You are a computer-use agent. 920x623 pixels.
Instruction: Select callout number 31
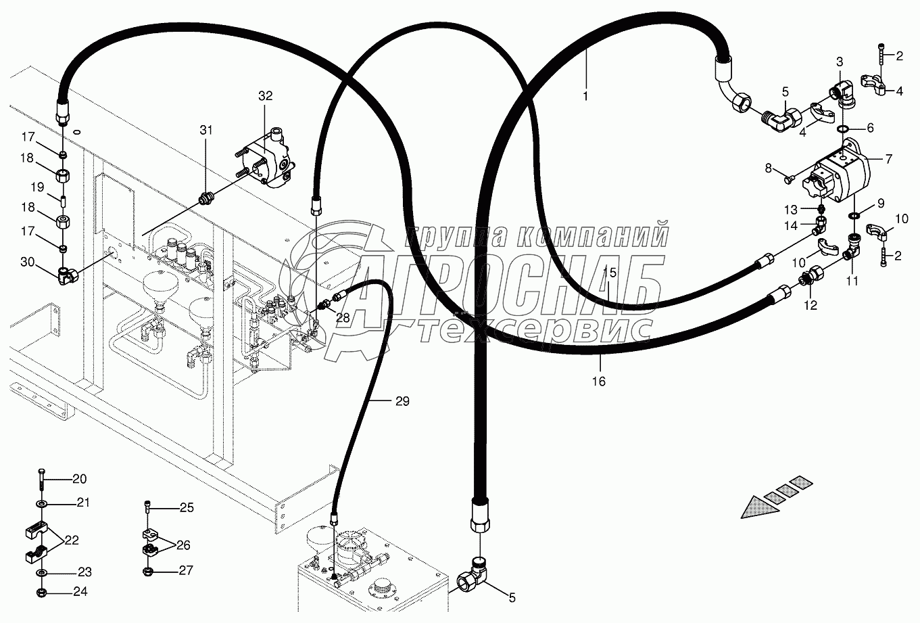pos(205,130)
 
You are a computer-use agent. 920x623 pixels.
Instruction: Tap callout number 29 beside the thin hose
pos(402,402)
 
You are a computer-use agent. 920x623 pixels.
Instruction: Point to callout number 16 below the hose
pos(599,382)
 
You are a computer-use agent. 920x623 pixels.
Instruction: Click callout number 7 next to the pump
pos(888,160)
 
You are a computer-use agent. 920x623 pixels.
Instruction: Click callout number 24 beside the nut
pos(80,592)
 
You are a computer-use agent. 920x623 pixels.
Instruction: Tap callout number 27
pos(186,570)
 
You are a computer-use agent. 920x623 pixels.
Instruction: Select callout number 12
pos(810,306)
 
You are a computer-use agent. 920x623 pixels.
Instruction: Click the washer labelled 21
pos(43,504)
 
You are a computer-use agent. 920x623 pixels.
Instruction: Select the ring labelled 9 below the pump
pos(854,215)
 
